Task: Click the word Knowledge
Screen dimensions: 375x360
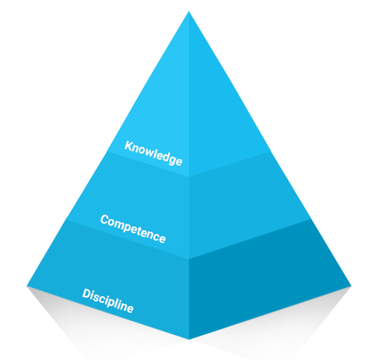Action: point(153,153)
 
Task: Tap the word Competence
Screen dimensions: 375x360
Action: point(133,229)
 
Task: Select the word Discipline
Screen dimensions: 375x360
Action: point(108,301)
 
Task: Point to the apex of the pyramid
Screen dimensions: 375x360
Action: point(189,11)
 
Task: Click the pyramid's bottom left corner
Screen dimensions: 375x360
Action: point(27,286)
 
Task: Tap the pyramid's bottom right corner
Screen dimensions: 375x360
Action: point(351,286)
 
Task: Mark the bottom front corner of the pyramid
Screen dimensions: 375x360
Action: point(189,339)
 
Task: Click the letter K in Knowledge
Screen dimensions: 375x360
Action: point(129,146)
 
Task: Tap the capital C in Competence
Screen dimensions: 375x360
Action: point(104,220)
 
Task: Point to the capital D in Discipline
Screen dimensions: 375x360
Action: point(87,294)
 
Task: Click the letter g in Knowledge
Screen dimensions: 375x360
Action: point(172,160)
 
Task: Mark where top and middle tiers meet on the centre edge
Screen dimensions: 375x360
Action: point(189,177)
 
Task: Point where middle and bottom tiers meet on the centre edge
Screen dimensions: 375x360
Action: point(189,259)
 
